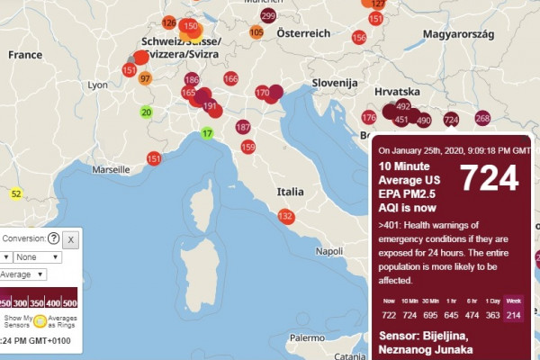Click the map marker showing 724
[451, 119]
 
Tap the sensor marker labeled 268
[482, 118]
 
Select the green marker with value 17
[207, 134]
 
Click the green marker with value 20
[146, 112]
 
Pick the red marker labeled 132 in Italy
[286, 216]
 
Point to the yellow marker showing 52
[16, 193]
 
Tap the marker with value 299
[268, 16]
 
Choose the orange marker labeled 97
[145, 78]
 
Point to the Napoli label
[330, 251]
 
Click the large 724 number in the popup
[490, 179]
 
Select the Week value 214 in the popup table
[513, 313]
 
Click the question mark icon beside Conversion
[54, 238]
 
